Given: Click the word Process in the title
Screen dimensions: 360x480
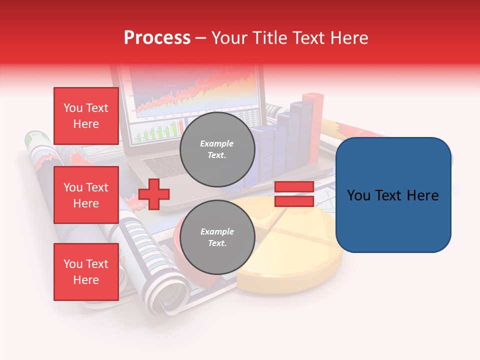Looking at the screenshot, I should point(157,37).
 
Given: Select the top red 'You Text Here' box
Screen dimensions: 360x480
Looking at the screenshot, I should point(86,116).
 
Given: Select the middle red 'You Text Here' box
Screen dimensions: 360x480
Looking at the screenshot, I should point(86,195).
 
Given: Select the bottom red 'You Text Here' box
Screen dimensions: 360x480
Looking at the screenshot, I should point(86,272).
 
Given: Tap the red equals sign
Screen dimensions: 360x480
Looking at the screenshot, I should point(294,194).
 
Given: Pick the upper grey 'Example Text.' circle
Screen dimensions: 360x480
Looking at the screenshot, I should point(217,149).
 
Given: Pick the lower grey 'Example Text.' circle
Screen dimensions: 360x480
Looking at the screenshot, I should point(217,237).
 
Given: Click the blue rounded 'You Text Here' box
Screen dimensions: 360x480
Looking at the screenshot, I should point(393,194).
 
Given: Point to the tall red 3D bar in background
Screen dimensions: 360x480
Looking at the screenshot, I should point(314,120).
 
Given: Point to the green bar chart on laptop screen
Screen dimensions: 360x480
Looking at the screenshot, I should point(155,132).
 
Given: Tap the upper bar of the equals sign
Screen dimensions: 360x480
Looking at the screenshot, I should point(294,187).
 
